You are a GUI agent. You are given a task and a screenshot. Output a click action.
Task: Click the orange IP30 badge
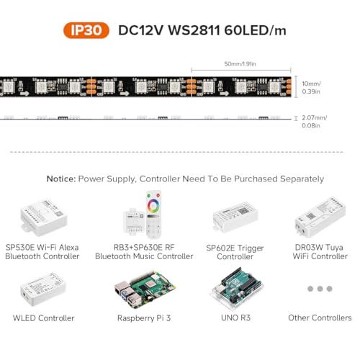tap(86, 30)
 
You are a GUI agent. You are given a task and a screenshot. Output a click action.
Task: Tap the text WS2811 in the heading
tap(194, 30)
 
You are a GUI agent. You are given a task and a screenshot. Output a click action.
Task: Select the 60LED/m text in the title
tap(255, 30)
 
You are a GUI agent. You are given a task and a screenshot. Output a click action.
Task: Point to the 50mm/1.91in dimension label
tap(240, 64)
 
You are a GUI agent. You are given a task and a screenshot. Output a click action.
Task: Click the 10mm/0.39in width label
tap(311, 88)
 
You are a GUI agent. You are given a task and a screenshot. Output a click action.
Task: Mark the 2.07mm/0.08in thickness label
tap(314, 122)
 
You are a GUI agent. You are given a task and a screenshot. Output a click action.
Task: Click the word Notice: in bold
tap(61, 179)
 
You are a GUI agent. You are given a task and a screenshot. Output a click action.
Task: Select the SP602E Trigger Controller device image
tap(235, 217)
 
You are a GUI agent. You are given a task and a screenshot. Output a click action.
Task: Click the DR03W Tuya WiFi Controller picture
tap(320, 217)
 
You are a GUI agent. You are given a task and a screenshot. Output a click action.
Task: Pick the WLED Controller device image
tap(43, 289)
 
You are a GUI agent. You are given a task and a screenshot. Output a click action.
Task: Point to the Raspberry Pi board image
tap(145, 290)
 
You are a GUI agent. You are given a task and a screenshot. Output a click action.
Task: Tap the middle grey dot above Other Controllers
tap(320, 289)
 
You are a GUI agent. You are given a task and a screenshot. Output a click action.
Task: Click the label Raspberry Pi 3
tap(144, 318)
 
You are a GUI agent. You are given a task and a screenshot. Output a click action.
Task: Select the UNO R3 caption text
tap(235, 318)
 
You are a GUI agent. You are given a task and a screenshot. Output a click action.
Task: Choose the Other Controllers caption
tap(320, 318)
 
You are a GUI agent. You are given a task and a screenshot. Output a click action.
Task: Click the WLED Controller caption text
tap(44, 318)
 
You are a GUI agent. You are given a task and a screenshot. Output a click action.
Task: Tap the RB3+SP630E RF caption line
tap(144, 248)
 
